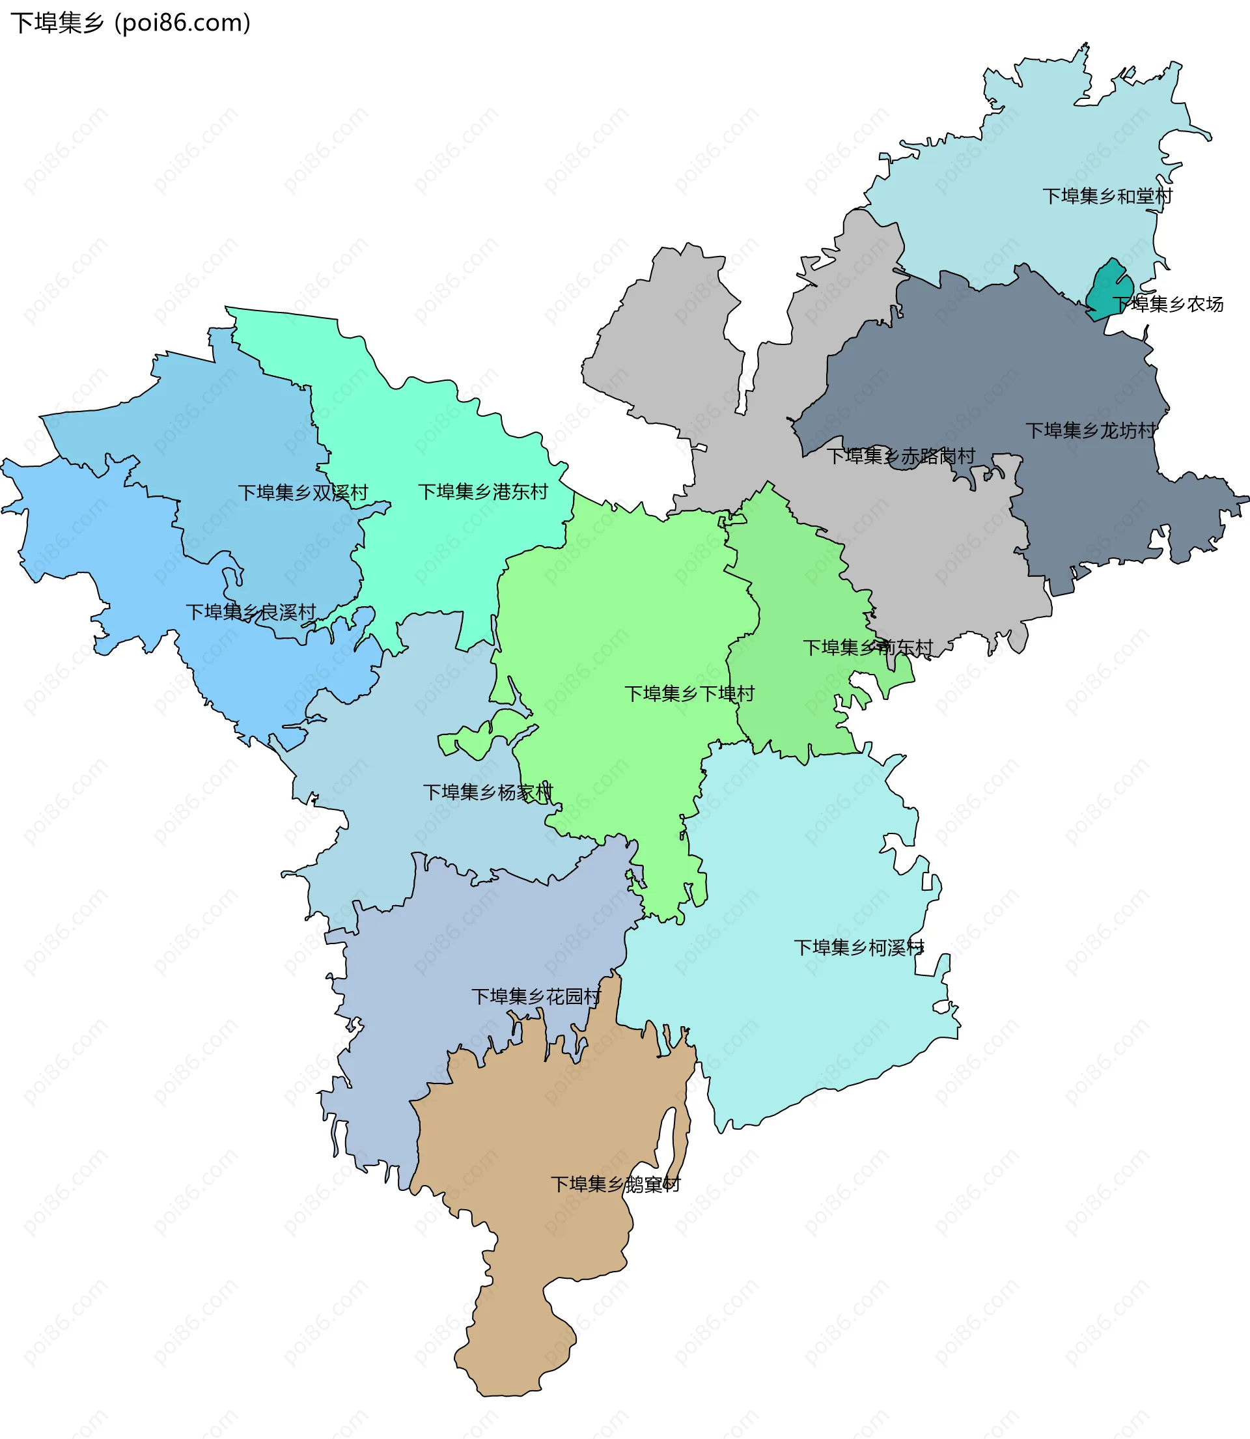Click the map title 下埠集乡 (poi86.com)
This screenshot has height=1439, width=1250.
(130, 23)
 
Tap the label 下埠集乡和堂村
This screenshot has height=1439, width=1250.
(1107, 196)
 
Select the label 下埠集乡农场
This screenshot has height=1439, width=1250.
(1168, 304)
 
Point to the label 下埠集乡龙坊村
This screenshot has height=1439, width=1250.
(1090, 430)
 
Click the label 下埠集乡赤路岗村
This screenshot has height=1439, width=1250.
(900, 456)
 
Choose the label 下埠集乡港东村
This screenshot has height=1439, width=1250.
(482, 492)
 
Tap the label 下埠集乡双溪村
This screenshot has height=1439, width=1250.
(303, 492)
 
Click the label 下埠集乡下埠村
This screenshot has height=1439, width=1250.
(689, 693)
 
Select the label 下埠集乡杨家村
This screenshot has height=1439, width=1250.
(488, 792)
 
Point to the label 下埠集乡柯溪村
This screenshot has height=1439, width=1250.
(859, 947)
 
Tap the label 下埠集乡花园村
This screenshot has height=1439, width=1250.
(536, 996)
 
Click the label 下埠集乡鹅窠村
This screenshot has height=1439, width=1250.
(615, 1184)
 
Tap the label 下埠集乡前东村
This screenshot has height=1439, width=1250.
(868, 647)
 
